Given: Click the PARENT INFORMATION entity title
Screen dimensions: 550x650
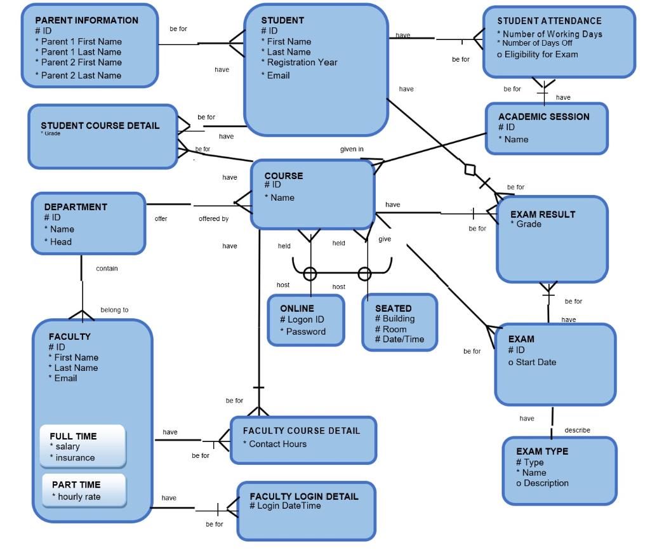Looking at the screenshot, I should tap(86, 20).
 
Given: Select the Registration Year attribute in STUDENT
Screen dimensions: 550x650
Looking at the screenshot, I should tap(299, 62).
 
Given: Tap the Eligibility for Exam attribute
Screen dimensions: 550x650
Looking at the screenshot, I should tap(537, 54).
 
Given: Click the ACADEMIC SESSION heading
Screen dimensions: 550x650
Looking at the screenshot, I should tap(543, 117).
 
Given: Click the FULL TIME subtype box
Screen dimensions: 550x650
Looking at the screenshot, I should tap(83, 446).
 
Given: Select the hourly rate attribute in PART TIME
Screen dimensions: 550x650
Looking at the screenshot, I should tap(76, 497).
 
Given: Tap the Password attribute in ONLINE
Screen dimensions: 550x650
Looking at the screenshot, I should tap(303, 332).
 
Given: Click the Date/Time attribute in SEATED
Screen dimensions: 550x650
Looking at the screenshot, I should tap(399, 339).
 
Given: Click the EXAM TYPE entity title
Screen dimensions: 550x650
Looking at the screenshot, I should tap(542, 452).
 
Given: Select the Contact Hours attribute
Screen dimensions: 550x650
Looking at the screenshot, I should tap(274, 444).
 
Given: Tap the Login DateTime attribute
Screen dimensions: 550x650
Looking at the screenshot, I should tap(285, 506).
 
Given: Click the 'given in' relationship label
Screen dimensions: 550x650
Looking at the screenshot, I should tap(352, 149).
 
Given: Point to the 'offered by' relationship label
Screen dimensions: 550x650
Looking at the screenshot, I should tap(213, 218).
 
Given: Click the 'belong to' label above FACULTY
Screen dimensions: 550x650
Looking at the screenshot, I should tap(114, 310).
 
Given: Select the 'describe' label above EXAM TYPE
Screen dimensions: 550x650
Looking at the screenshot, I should tap(576, 430).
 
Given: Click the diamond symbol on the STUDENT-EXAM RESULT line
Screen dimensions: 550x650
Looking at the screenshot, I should tap(470, 170).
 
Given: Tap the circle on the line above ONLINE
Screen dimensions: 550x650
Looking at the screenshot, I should tap(310, 274).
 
